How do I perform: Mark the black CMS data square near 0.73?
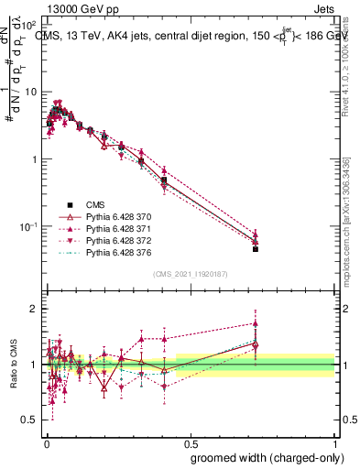(256, 248)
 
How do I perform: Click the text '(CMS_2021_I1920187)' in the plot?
(191, 274)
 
